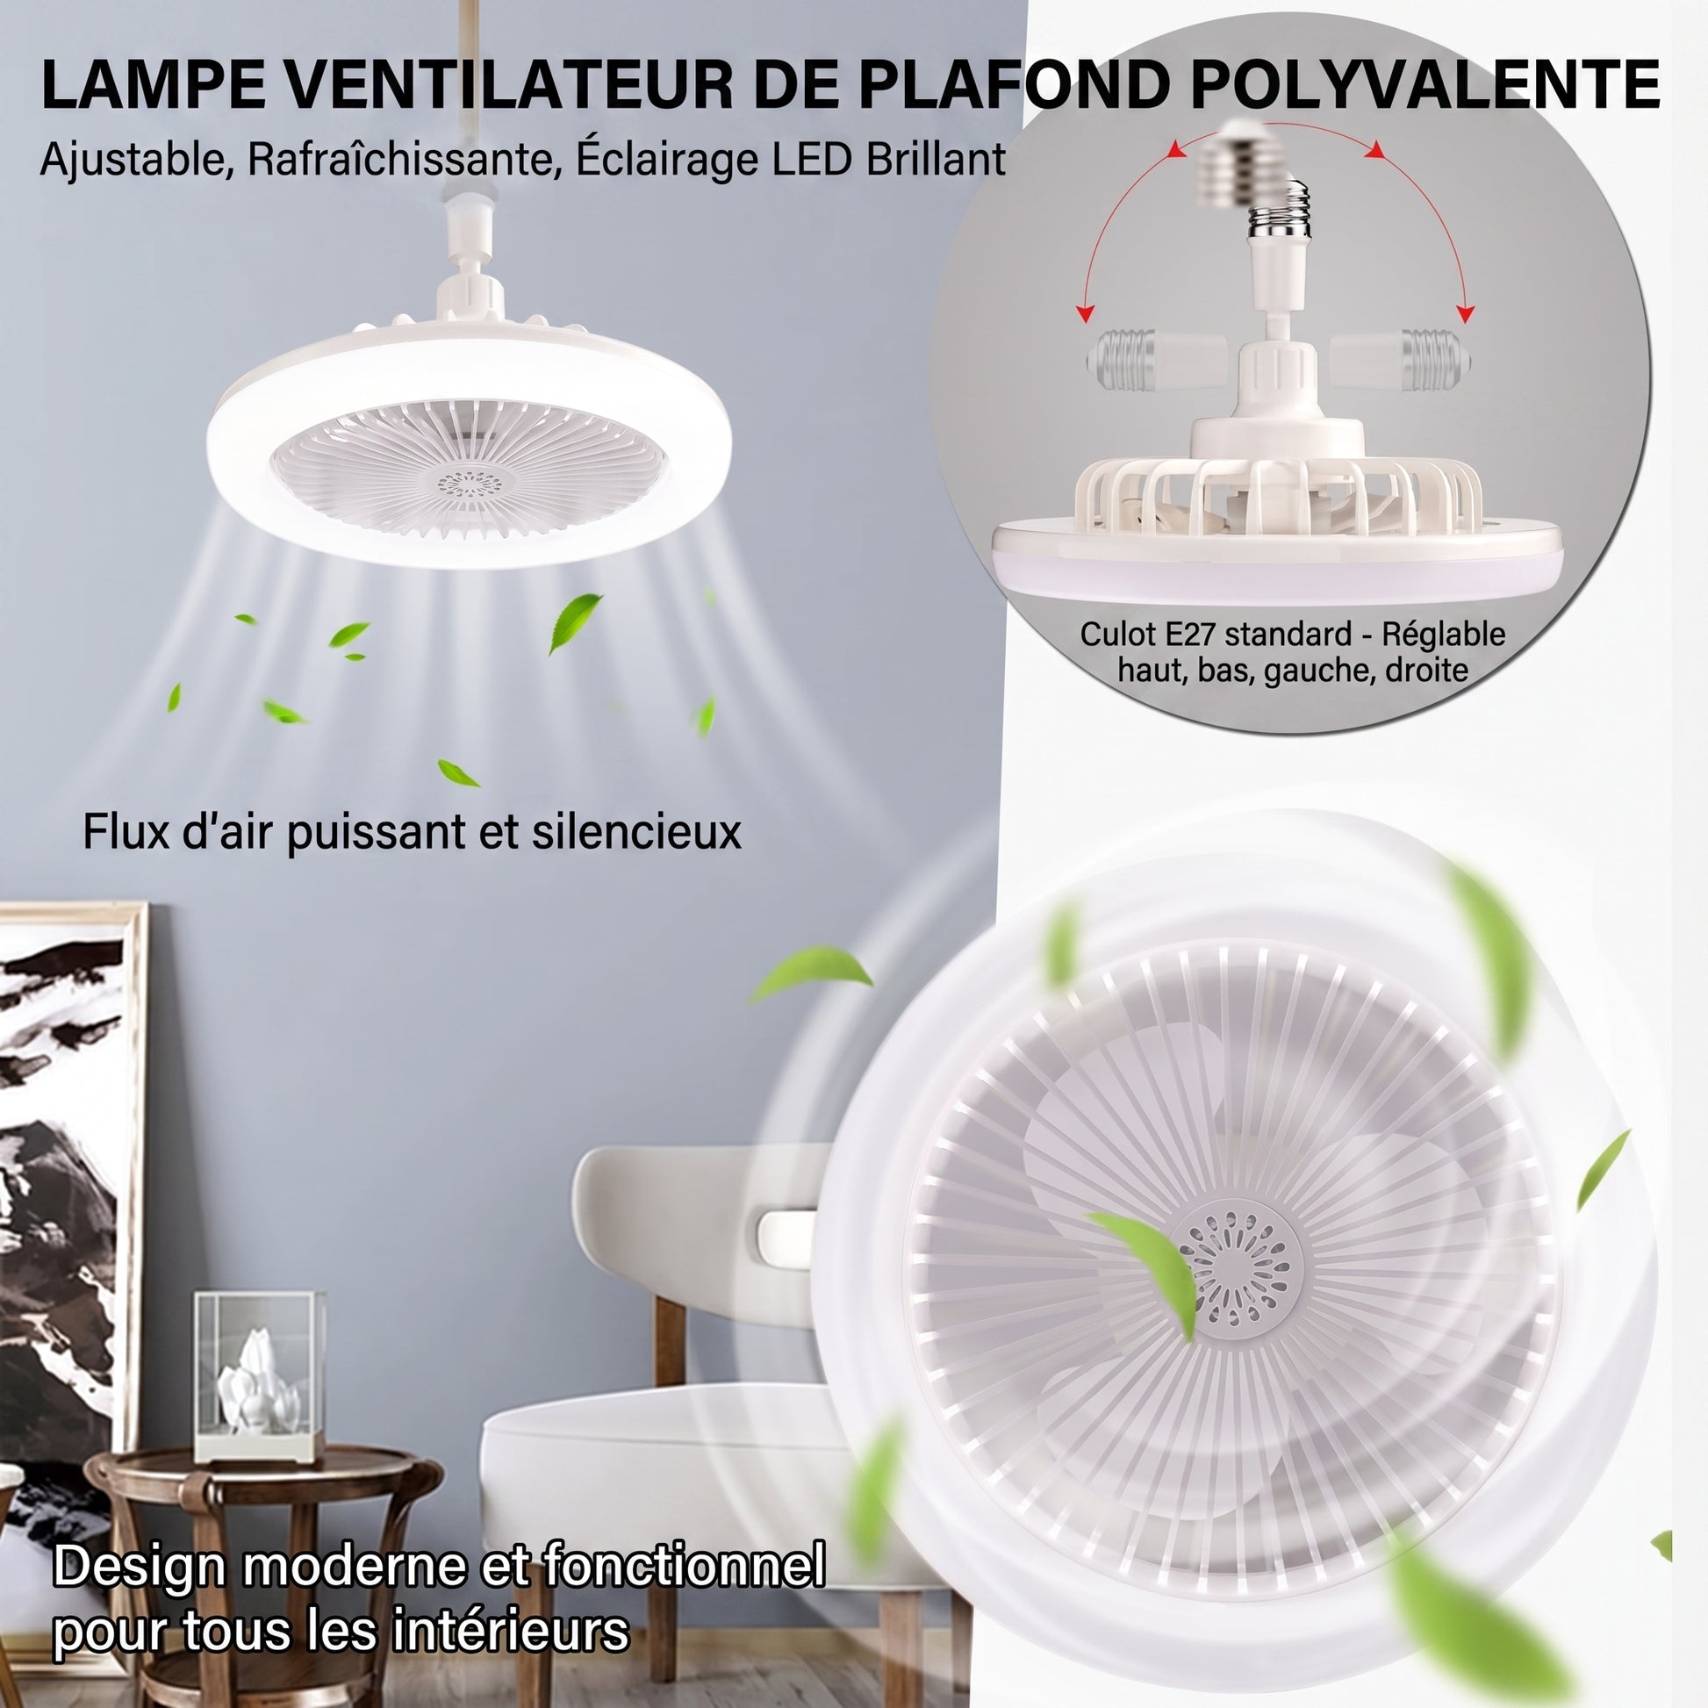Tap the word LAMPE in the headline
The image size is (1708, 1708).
[160, 85]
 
